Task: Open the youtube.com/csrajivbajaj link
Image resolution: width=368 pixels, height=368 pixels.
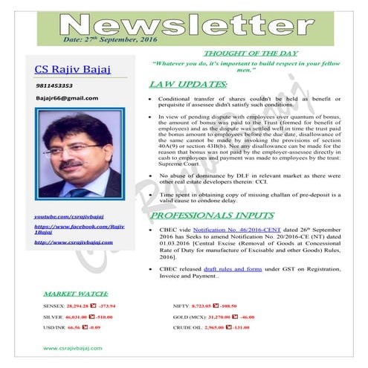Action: tap(69, 215)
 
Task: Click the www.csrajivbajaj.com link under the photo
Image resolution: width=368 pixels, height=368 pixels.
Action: tap(74, 242)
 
